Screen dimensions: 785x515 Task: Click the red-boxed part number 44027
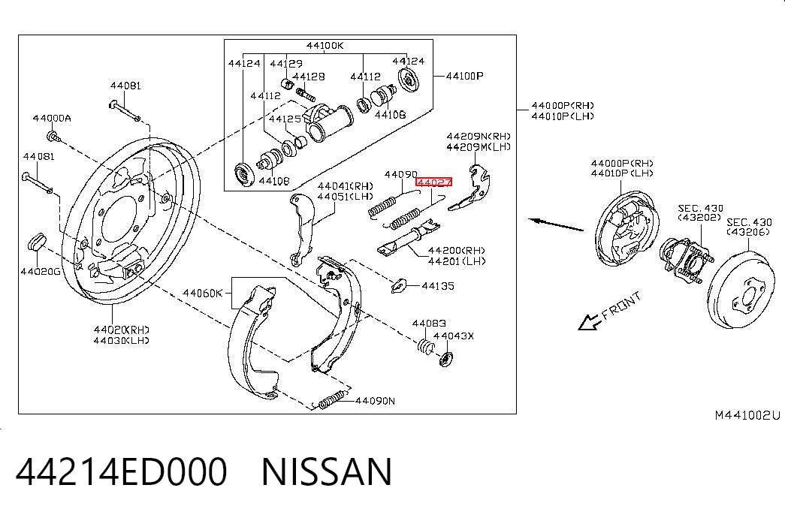tap(433, 182)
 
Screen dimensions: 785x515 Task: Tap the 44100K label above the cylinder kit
tap(325, 46)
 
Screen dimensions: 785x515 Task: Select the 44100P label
tap(464, 76)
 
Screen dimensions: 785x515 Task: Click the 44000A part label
tap(52, 119)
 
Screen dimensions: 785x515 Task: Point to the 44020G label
tap(41, 272)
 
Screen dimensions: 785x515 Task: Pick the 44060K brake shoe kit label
tap(202, 293)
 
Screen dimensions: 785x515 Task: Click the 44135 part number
tap(438, 286)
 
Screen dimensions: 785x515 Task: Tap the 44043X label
tap(454, 336)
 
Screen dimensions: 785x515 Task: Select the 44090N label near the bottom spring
tap(375, 401)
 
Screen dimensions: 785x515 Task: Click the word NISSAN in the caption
tap(327, 471)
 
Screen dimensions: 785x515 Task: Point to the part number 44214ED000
tap(122, 471)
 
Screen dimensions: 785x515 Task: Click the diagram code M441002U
tap(747, 415)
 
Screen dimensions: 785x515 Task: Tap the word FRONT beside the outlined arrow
tap(621, 306)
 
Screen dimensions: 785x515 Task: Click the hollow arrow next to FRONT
tap(589, 322)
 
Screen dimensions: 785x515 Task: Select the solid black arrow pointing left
tap(556, 224)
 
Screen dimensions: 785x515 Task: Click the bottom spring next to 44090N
tap(331, 400)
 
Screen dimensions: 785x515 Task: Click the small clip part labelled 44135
tap(398, 286)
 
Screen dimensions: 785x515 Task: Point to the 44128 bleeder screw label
tap(309, 77)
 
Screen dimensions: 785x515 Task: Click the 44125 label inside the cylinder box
tap(285, 119)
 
